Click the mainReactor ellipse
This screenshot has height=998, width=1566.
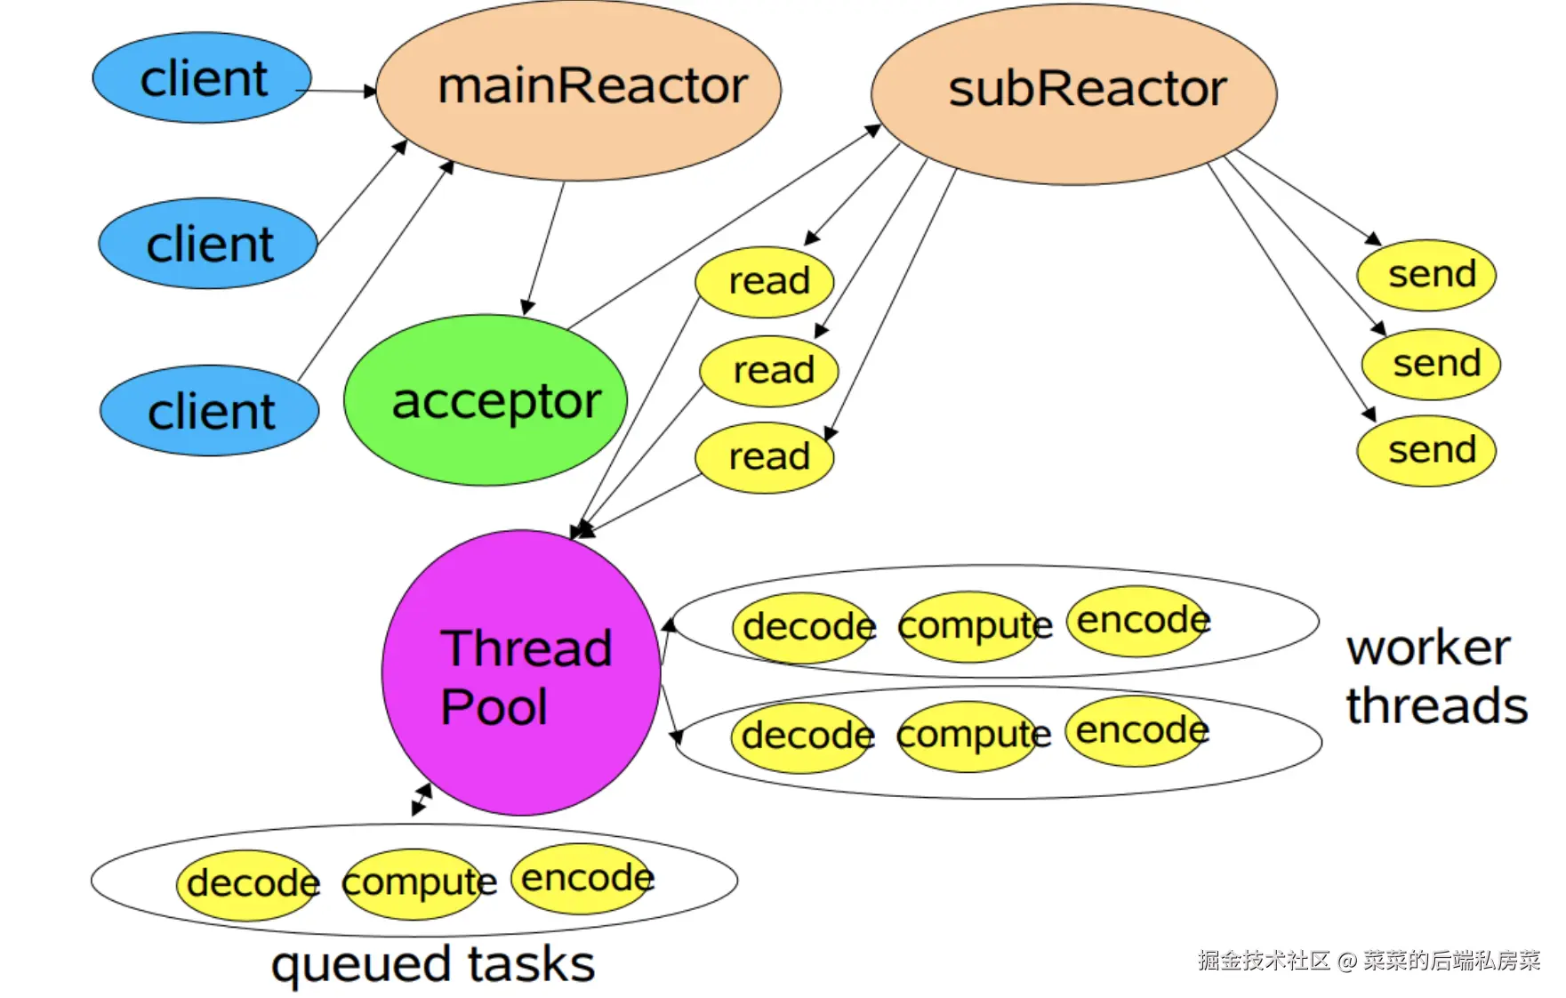tap(578, 89)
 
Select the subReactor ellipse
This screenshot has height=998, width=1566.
tap(1074, 93)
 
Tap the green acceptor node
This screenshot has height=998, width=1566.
tap(486, 400)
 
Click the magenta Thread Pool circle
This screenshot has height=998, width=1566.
tap(522, 673)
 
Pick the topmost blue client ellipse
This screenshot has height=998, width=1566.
tap(202, 78)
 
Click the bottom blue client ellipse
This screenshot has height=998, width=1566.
tap(210, 411)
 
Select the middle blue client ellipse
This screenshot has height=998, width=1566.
tap(208, 244)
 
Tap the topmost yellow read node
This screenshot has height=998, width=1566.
tap(765, 282)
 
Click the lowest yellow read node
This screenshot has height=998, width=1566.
tap(765, 457)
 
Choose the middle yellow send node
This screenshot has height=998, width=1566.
tap(1431, 364)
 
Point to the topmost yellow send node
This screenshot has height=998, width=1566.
tap(1426, 275)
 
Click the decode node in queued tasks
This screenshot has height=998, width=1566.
tap(249, 883)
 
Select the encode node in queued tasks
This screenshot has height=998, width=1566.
tap(582, 879)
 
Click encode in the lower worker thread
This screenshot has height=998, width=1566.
tap(1137, 731)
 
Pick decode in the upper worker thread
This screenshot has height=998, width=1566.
tap(804, 627)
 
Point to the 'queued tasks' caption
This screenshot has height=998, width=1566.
tap(432, 965)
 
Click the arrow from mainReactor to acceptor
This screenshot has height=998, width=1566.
tap(544, 248)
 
